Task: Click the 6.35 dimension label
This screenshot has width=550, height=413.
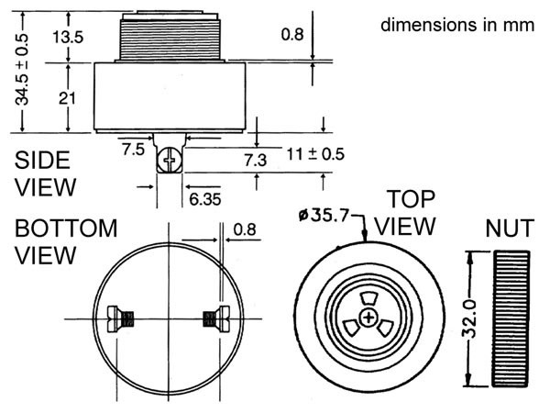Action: [205, 197]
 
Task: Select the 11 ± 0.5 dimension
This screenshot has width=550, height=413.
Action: [313, 153]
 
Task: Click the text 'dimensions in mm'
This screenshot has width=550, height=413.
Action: [456, 25]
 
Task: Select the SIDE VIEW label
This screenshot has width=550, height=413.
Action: [43, 173]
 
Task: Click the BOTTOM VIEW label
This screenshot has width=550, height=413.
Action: [66, 240]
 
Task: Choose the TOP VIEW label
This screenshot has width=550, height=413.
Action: [410, 212]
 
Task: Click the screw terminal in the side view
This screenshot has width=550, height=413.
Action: [170, 162]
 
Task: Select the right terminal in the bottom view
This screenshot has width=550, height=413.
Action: [214, 318]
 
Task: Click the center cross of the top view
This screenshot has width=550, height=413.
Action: [368, 318]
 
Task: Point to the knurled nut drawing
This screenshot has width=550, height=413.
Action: [511, 317]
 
